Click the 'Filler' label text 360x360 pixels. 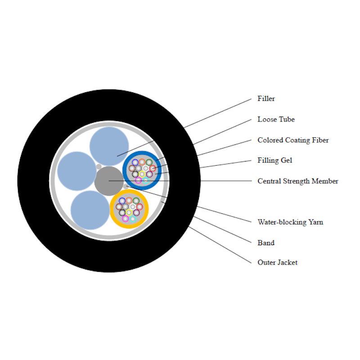coord(266,99)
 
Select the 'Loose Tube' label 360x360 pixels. coord(276,119)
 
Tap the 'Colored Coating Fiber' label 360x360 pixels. coord(293,140)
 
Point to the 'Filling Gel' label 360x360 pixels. coord(274,160)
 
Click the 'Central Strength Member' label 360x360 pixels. coord(298,181)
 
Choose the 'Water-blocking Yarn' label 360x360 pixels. coord(290,222)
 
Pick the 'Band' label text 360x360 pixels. coord(266,243)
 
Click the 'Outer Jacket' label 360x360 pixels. coord(277,262)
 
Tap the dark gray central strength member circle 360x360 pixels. coord(109,181)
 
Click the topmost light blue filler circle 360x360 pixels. coord(109,146)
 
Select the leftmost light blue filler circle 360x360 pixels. coord(76,171)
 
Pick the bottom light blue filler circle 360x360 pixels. coord(90,210)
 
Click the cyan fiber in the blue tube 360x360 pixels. coord(145,180)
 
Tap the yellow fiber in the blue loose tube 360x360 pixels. coord(142,174)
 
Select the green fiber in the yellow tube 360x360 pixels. coord(136,201)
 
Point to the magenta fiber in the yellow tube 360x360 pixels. coord(126,219)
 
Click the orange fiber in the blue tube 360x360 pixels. coord(142,162)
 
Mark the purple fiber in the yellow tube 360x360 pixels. coord(136,212)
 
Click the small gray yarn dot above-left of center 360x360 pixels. coord(99,167)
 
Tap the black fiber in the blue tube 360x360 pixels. coord(135,174)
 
